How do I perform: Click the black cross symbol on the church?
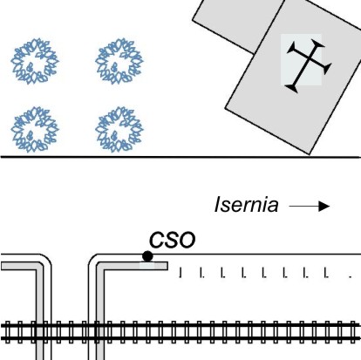click(x=309, y=66)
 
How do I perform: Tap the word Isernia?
click(x=246, y=205)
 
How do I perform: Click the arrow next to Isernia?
click(x=310, y=207)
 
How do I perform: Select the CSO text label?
click(x=172, y=240)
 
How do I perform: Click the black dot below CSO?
click(x=147, y=256)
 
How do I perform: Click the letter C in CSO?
click(x=157, y=241)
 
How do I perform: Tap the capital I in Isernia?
click(x=218, y=205)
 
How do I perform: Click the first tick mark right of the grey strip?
click(x=180, y=273)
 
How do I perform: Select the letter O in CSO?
click(x=187, y=241)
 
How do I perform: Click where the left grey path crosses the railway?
click(x=40, y=331)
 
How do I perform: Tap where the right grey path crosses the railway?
click(x=100, y=331)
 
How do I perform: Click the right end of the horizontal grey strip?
click(x=167, y=266)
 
